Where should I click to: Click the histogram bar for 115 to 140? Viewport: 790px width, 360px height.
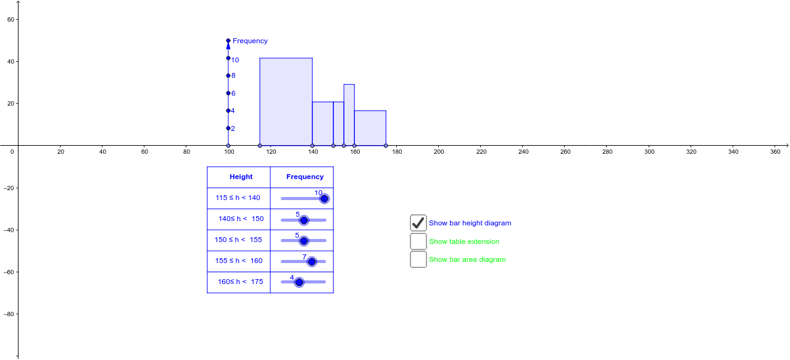[x=286, y=102]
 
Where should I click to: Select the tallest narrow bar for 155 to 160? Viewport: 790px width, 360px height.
[x=349, y=115]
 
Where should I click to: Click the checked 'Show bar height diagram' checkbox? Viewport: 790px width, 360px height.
[x=418, y=223]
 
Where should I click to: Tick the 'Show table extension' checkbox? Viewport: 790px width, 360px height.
[x=418, y=241]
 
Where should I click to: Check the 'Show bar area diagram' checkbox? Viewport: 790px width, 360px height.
[x=418, y=259]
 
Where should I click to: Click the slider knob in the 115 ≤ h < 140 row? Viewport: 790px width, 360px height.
[x=324, y=198]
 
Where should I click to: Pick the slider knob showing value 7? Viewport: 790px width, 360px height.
[x=312, y=261]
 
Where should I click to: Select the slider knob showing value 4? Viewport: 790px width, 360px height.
[x=299, y=282]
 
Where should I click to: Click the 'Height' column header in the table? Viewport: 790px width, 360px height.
[x=241, y=177]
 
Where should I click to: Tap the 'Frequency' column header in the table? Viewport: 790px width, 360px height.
[x=305, y=177]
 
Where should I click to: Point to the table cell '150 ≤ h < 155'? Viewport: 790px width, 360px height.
[x=238, y=240]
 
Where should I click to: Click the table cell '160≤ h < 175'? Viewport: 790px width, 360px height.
[x=240, y=282]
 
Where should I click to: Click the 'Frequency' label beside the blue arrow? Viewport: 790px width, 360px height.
[x=250, y=41]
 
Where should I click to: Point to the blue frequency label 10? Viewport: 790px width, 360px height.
[x=235, y=60]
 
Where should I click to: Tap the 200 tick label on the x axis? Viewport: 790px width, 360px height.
[x=439, y=151]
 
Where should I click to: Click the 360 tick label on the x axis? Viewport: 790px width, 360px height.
[x=775, y=151]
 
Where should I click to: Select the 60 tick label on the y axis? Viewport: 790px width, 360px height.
[x=11, y=20]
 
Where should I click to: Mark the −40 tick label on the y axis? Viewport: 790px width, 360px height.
[x=9, y=230]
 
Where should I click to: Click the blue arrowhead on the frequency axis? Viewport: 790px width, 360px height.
[x=228, y=45]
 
